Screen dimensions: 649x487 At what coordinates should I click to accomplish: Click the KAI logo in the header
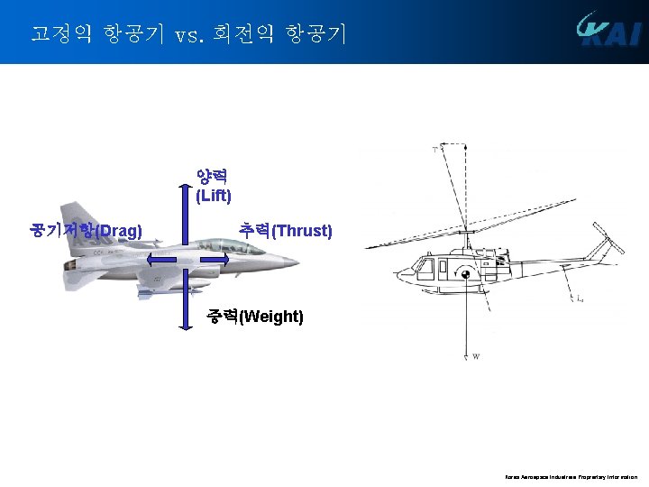coord(609,32)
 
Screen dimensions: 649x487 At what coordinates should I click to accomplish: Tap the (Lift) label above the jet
coord(214,195)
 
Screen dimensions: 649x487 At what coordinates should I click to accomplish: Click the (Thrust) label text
coord(302,231)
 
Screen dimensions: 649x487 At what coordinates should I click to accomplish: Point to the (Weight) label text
coord(272,317)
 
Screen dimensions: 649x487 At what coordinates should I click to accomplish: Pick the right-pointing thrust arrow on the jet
coord(215,261)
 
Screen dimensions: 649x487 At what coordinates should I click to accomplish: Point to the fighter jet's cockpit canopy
coord(216,245)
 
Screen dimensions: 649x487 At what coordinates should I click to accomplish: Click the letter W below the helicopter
coord(476,357)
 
